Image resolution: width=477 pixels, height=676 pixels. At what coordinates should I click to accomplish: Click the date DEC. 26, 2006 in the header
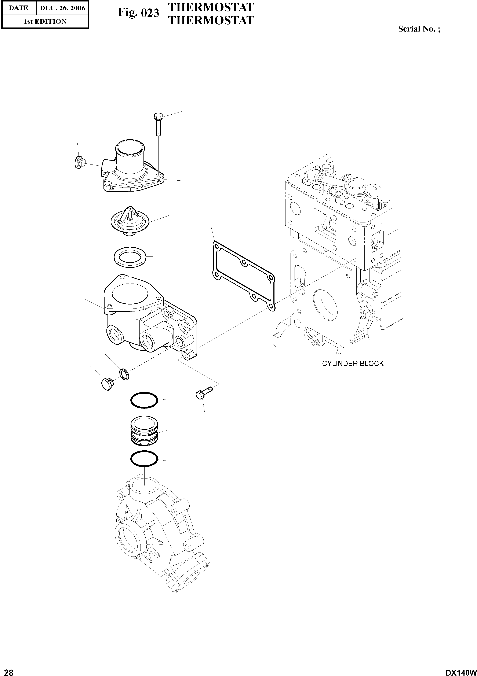(62, 8)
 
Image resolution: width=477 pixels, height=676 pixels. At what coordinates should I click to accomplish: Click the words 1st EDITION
(45, 22)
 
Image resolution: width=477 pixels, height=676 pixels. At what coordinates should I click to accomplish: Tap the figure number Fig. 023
(138, 13)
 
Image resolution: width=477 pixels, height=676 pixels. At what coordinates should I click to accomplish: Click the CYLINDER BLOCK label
(353, 364)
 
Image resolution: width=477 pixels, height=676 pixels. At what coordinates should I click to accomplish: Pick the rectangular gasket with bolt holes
(244, 276)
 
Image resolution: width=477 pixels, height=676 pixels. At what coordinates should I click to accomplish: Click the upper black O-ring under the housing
(144, 400)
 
